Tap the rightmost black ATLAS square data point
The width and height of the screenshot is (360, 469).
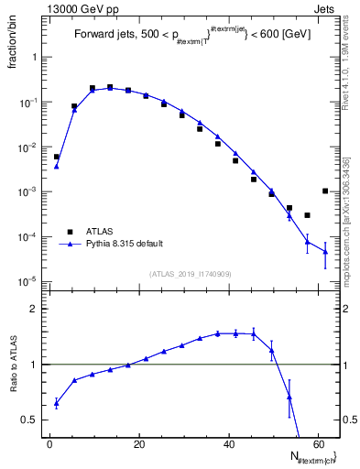(x=325, y=191)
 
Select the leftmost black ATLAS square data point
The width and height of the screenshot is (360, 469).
(x=56, y=157)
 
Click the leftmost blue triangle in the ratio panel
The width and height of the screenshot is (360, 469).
(x=56, y=402)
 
